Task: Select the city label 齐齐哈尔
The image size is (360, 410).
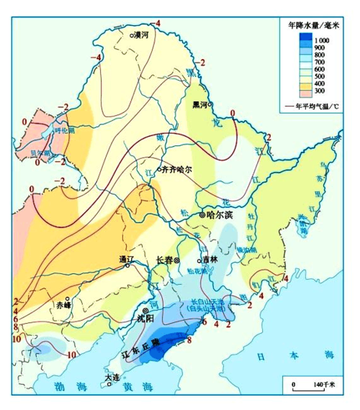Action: point(177,170)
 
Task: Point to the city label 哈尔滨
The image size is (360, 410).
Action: point(220,214)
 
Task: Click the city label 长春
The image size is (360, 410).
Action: point(165,260)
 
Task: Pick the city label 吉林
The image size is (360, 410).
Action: point(210,260)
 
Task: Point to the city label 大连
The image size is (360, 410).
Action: point(111,376)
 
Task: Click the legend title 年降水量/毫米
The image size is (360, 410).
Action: point(313,24)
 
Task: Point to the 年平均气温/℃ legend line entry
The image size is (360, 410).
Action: point(312,106)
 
